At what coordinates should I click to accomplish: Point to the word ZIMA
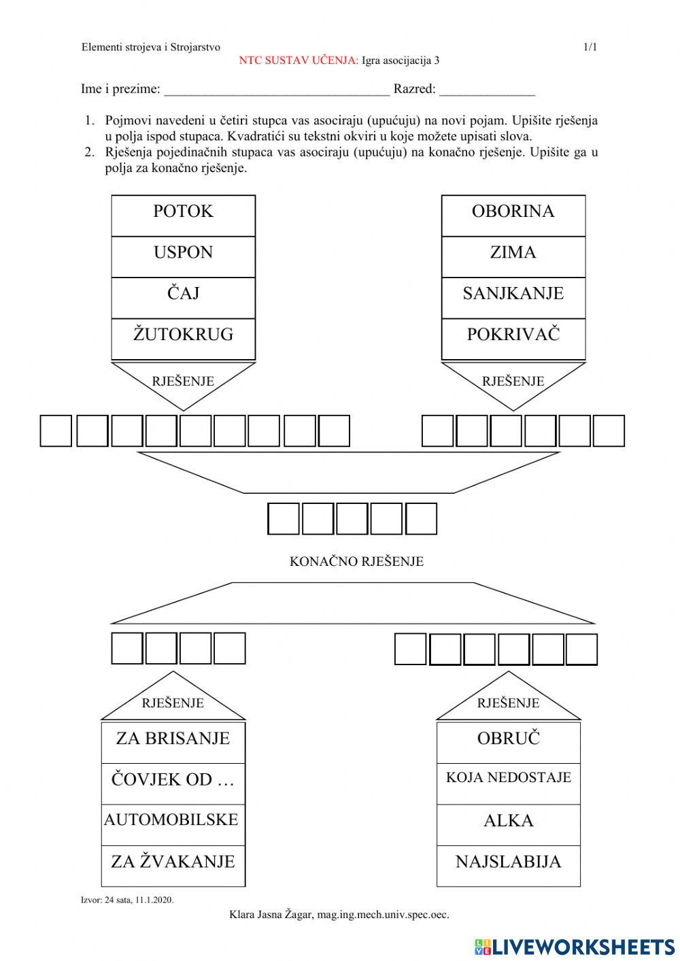click(x=513, y=252)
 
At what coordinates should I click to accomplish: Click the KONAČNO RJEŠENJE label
click(x=356, y=562)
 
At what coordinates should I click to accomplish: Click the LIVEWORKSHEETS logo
click(x=574, y=946)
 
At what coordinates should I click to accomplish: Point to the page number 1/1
click(x=590, y=47)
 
